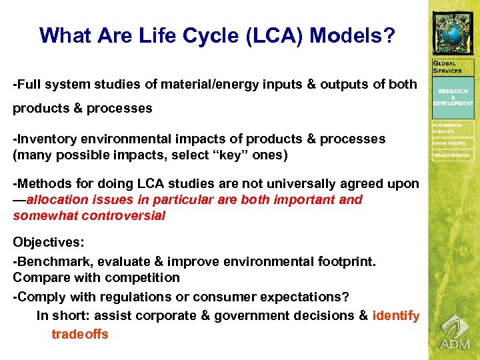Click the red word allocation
point(58,199)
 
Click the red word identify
point(396,316)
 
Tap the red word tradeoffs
point(79,334)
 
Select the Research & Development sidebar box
point(453,97)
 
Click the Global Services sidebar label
point(447,67)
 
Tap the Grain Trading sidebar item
point(449,143)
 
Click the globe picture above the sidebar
point(453,32)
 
